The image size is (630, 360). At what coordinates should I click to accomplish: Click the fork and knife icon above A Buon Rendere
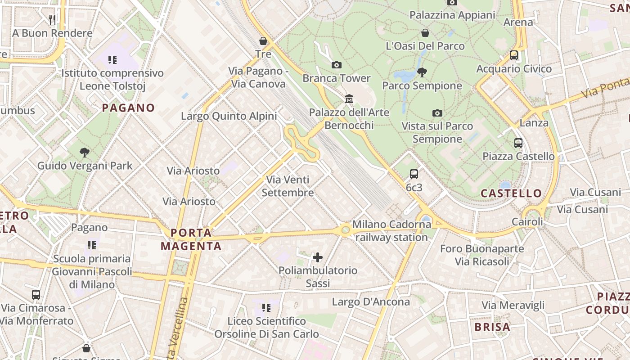52,19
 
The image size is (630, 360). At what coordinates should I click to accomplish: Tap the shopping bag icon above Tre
263,41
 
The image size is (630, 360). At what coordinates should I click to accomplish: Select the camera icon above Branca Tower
336,65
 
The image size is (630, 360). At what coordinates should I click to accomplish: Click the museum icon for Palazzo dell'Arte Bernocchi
349,99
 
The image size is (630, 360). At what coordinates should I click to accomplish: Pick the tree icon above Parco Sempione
422,72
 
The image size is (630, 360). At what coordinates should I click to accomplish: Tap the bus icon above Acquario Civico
513,55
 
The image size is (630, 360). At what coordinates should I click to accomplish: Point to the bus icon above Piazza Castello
518,143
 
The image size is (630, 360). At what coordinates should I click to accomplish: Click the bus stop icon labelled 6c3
414,174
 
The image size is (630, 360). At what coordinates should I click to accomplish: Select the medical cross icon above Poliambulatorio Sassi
318,257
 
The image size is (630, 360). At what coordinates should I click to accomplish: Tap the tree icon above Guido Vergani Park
84,152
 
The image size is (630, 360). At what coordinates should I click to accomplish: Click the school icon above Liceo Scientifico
266,308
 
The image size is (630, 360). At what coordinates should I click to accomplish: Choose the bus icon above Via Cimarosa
36,295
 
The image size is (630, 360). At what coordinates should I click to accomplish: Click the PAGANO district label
128,108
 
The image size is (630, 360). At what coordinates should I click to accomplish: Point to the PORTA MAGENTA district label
191,239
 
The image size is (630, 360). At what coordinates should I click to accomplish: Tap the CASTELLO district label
512,193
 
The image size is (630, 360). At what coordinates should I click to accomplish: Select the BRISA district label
492,327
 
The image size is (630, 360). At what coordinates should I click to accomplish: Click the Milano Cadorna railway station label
391,230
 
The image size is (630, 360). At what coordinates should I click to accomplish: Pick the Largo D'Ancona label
371,301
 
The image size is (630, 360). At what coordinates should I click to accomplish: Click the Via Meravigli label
513,305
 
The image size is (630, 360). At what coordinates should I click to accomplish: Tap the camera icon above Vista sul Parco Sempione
437,113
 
